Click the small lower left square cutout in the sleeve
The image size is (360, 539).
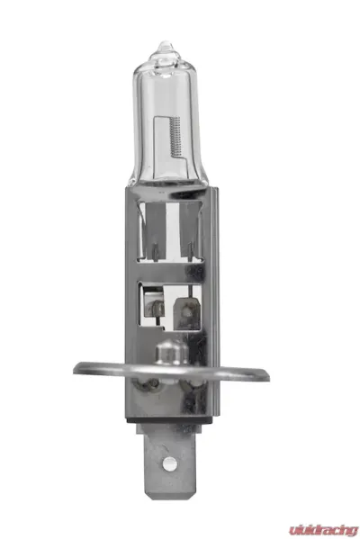(x=153, y=301)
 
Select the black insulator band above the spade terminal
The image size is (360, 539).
(x=167, y=416)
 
